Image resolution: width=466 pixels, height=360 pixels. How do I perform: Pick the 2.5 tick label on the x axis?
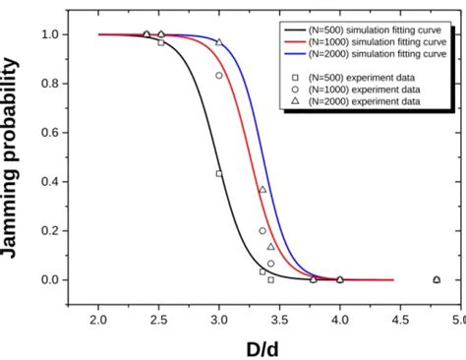point(158,319)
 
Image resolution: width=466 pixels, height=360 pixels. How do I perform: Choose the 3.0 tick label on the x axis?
point(218,319)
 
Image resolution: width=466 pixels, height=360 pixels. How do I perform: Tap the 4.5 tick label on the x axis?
point(399,319)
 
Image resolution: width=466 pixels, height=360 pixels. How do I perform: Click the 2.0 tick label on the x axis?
point(98,319)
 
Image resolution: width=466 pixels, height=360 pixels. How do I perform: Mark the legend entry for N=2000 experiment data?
point(361,101)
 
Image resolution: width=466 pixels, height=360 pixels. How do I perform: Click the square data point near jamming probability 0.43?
point(219,174)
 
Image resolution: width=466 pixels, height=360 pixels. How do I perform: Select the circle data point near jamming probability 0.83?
point(219,76)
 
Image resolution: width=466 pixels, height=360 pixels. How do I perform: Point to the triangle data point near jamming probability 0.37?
point(262,189)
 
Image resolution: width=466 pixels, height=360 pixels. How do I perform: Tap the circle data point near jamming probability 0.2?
point(262,231)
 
